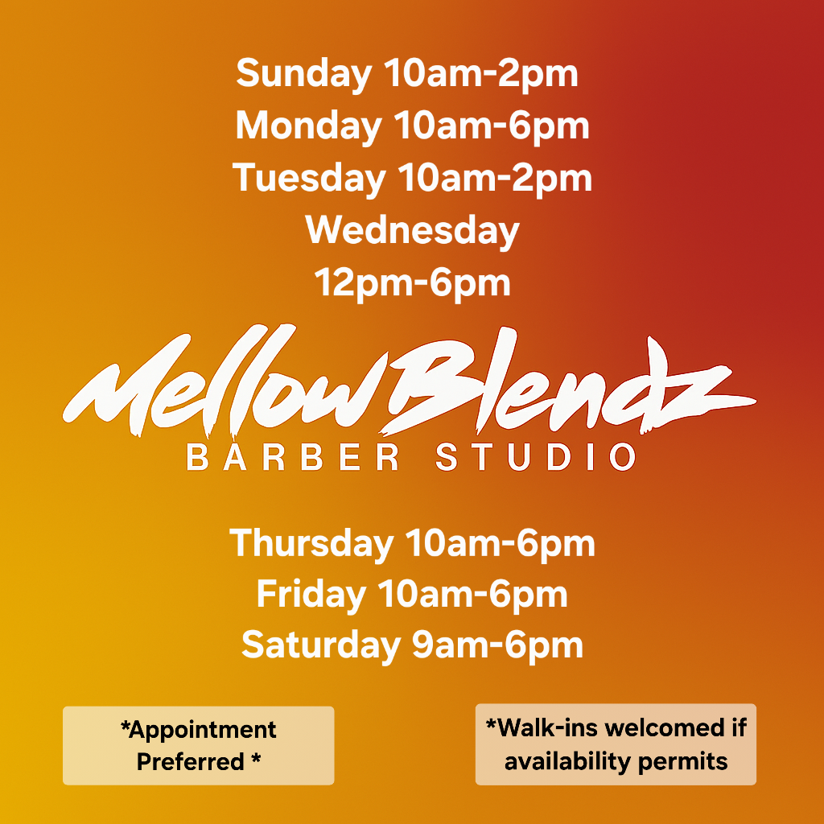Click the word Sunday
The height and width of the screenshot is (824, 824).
pos(304,74)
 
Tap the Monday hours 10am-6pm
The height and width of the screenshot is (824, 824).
pos(492,126)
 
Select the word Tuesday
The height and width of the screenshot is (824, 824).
pos(309,178)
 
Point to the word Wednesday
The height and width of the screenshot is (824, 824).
pos(412,231)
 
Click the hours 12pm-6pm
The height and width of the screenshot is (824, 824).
pos(412,283)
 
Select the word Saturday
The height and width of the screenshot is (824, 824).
pos(320,646)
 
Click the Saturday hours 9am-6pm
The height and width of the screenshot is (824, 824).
pos(497,646)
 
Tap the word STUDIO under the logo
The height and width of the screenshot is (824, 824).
pos(535,457)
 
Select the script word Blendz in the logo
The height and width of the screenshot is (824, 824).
pos(567,384)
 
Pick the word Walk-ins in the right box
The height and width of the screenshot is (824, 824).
pos(542,727)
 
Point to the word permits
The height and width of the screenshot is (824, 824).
pos(682,762)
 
